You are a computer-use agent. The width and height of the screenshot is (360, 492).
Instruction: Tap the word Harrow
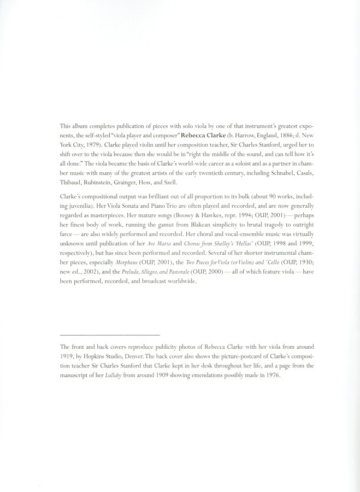(248, 134)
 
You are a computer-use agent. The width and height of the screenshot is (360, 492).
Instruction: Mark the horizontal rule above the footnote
(109, 334)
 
